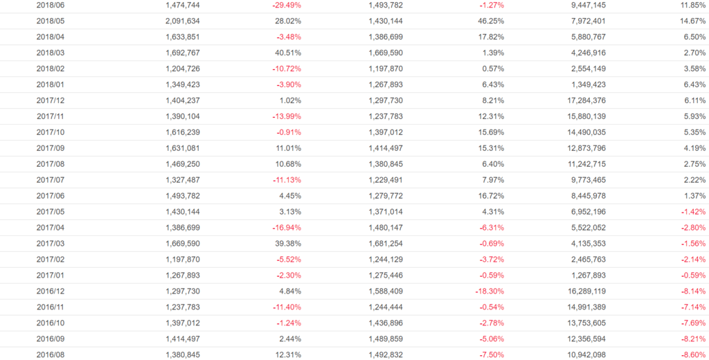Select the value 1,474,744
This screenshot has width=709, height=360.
pyautogui.click(x=183, y=5)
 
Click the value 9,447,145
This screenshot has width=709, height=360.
pyautogui.click(x=586, y=5)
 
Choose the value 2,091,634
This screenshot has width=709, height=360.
pyautogui.click(x=183, y=21)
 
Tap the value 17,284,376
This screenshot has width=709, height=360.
pyautogui.click(x=584, y=100)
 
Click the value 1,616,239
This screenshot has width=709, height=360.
pyautogui.click(x=183, y=132)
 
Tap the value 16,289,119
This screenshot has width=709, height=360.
pyautogui.click(x=584, y=291)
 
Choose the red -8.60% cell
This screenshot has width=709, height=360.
pyautogui.click(x=692, y=355)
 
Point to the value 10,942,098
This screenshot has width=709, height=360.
pyautogui.click(x=584, y=355)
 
